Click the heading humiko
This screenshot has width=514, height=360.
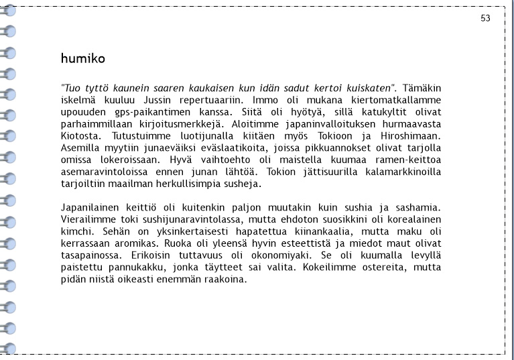click(82, 58)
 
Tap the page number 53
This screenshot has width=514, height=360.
click(486, 18)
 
